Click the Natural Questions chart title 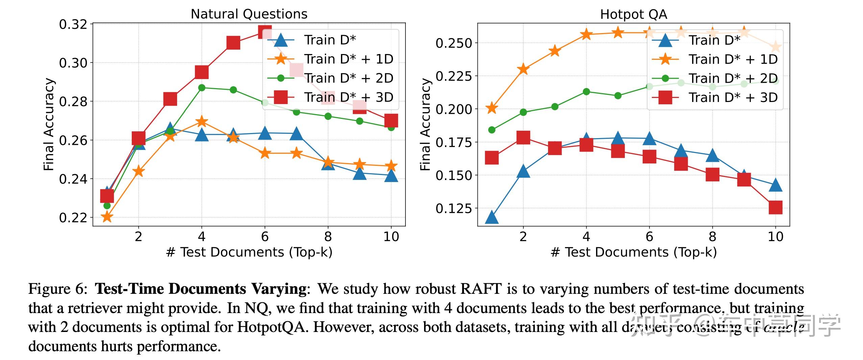[249, 14]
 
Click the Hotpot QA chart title [634, 15]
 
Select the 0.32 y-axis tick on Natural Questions [73, 25]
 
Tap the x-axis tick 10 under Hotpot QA [775, 237]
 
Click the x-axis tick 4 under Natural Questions [202, 237]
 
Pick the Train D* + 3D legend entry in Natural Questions [348, 97]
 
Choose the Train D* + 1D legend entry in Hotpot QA [733, 59]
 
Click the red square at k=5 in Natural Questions [233, 43]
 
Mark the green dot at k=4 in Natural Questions [202, 88]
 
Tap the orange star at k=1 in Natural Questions [107, 217]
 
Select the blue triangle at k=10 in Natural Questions [391, 176]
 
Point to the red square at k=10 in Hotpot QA [775, 207]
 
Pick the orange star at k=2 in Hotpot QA [523, 69]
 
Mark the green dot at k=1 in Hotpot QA [492, 130]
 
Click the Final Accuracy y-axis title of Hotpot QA [425, 124]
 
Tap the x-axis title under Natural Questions [249, 252]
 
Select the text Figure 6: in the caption [58, 289]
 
